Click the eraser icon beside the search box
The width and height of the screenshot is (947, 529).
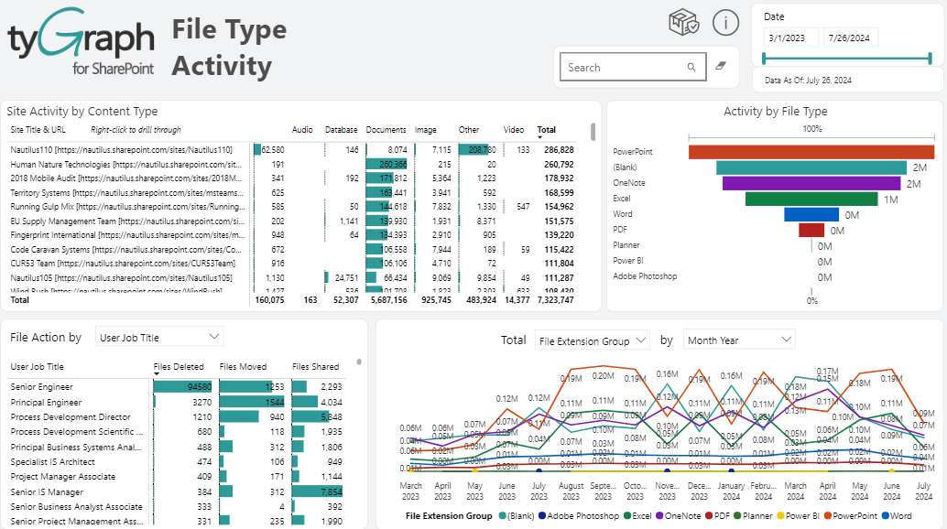pos(721,67)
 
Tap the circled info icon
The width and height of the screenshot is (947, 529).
pos(725,23)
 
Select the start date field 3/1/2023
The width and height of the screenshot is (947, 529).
pos(790,38)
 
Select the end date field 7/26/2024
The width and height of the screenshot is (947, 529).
pos(851,38)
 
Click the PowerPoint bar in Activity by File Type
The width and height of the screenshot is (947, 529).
pos(811,152)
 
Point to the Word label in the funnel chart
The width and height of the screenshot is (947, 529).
pos(623,214)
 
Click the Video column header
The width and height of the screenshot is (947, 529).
pos(514,130)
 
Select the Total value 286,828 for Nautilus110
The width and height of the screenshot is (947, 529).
pos(558,149)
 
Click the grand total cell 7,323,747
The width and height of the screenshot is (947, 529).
pos(556,299)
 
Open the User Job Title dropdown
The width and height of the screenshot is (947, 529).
pos(158,338)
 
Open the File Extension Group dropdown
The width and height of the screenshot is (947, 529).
pos(592,340)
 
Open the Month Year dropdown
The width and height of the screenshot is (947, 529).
pos(738,340)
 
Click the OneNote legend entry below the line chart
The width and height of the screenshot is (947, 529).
pos(681,515)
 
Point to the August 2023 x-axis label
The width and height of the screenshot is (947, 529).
pos(571,491)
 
